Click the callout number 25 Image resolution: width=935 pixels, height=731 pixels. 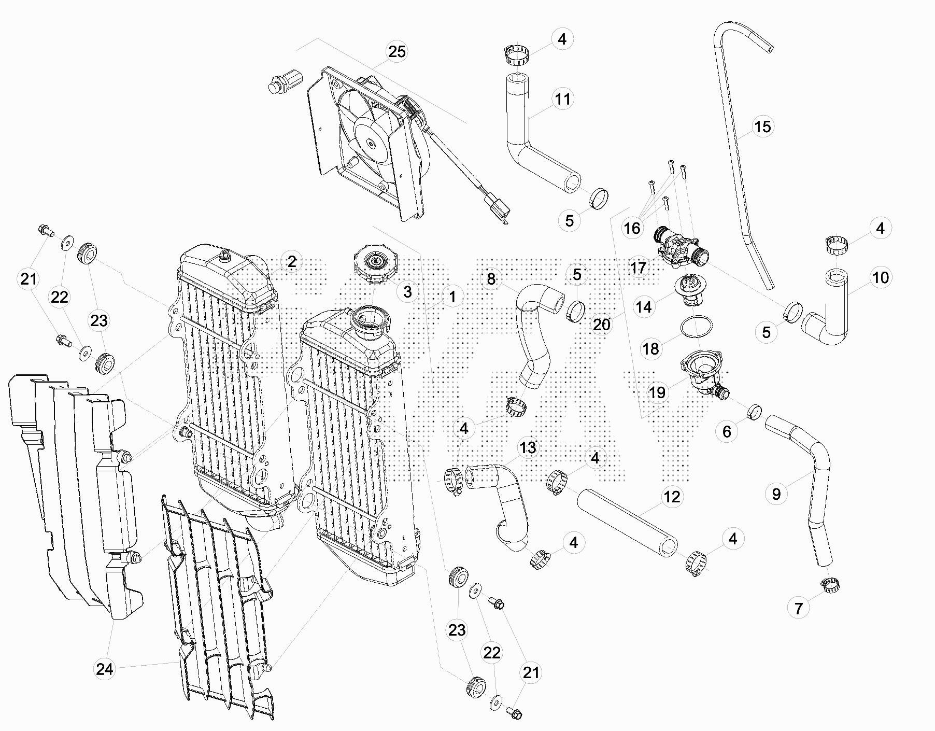pos(397,52)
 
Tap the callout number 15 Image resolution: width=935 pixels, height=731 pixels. pos(762,126)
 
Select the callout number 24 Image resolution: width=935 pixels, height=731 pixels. pos(104,669)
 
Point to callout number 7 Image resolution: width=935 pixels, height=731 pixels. pos(799,608)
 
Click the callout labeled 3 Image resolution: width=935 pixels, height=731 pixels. pos(407,291)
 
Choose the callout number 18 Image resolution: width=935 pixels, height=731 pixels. pos(650,348)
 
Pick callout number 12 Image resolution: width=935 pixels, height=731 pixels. pos(672,497)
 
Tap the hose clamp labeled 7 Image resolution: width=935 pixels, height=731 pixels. pos(830,584)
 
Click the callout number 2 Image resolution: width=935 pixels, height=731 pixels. pos(292,262)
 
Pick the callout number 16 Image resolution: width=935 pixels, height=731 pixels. pos(632,228)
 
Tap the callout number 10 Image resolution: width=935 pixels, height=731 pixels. pos(881,278)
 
